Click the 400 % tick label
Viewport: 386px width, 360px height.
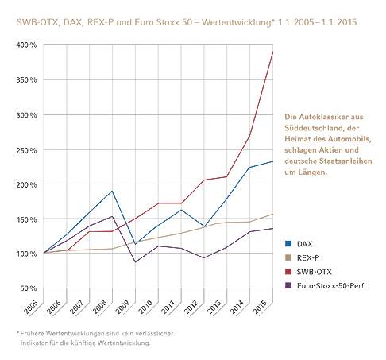(26, 45)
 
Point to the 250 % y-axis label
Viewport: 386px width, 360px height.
(26, 150)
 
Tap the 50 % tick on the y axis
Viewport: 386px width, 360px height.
(29, 288)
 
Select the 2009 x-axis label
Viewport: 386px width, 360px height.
(122, 308)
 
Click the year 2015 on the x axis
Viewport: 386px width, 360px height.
(260, 308)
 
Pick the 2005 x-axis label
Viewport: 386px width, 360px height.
(31, 308)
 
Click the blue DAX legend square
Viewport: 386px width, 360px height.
(288, 243)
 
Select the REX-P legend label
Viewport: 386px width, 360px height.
(308, 257)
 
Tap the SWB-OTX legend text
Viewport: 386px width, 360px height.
(315, 272)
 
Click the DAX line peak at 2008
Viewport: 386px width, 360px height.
(112, 191)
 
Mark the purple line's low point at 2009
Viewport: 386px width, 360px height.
(135, 262)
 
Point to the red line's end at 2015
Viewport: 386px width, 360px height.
(272, 52)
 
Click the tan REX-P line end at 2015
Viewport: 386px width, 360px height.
(272, 214)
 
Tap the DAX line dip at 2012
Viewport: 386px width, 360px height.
(204, 226)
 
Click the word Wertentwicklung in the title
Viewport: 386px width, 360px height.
(237, 22)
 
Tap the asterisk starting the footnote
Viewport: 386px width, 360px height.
(18, 332)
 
